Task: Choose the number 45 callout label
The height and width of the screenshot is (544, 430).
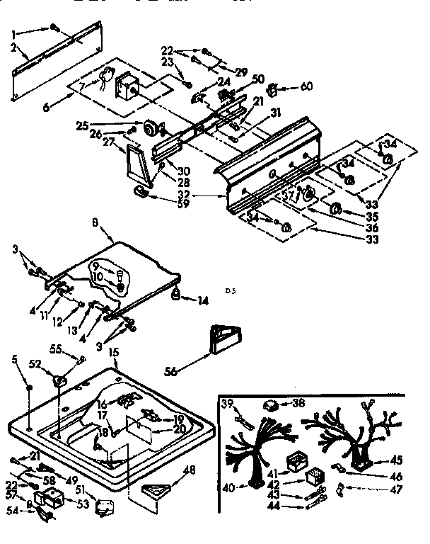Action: [x=396, y=459]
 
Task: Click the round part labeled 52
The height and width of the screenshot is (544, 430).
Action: [x=60, y=382]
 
